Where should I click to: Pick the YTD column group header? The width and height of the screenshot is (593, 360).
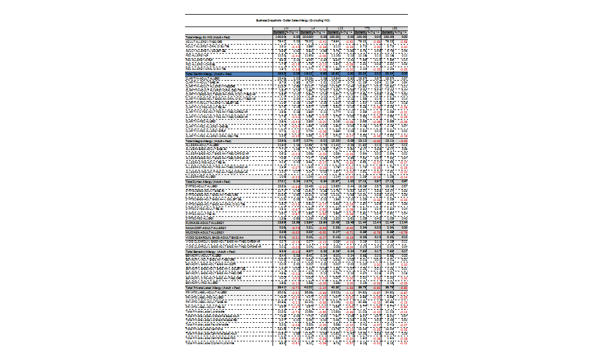[367, 29]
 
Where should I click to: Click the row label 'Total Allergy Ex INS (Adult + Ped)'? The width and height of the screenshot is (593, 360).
[210, 37]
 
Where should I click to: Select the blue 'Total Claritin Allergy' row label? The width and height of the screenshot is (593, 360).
[210, 74]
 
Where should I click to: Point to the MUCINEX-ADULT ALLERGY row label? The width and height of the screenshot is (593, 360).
[207, 232]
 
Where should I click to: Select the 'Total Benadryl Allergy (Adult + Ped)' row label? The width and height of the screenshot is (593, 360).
[209, 251]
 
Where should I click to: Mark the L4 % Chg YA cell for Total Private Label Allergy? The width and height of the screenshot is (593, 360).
[322, 288]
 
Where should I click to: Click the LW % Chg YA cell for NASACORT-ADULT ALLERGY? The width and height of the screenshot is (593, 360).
[294, 228]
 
